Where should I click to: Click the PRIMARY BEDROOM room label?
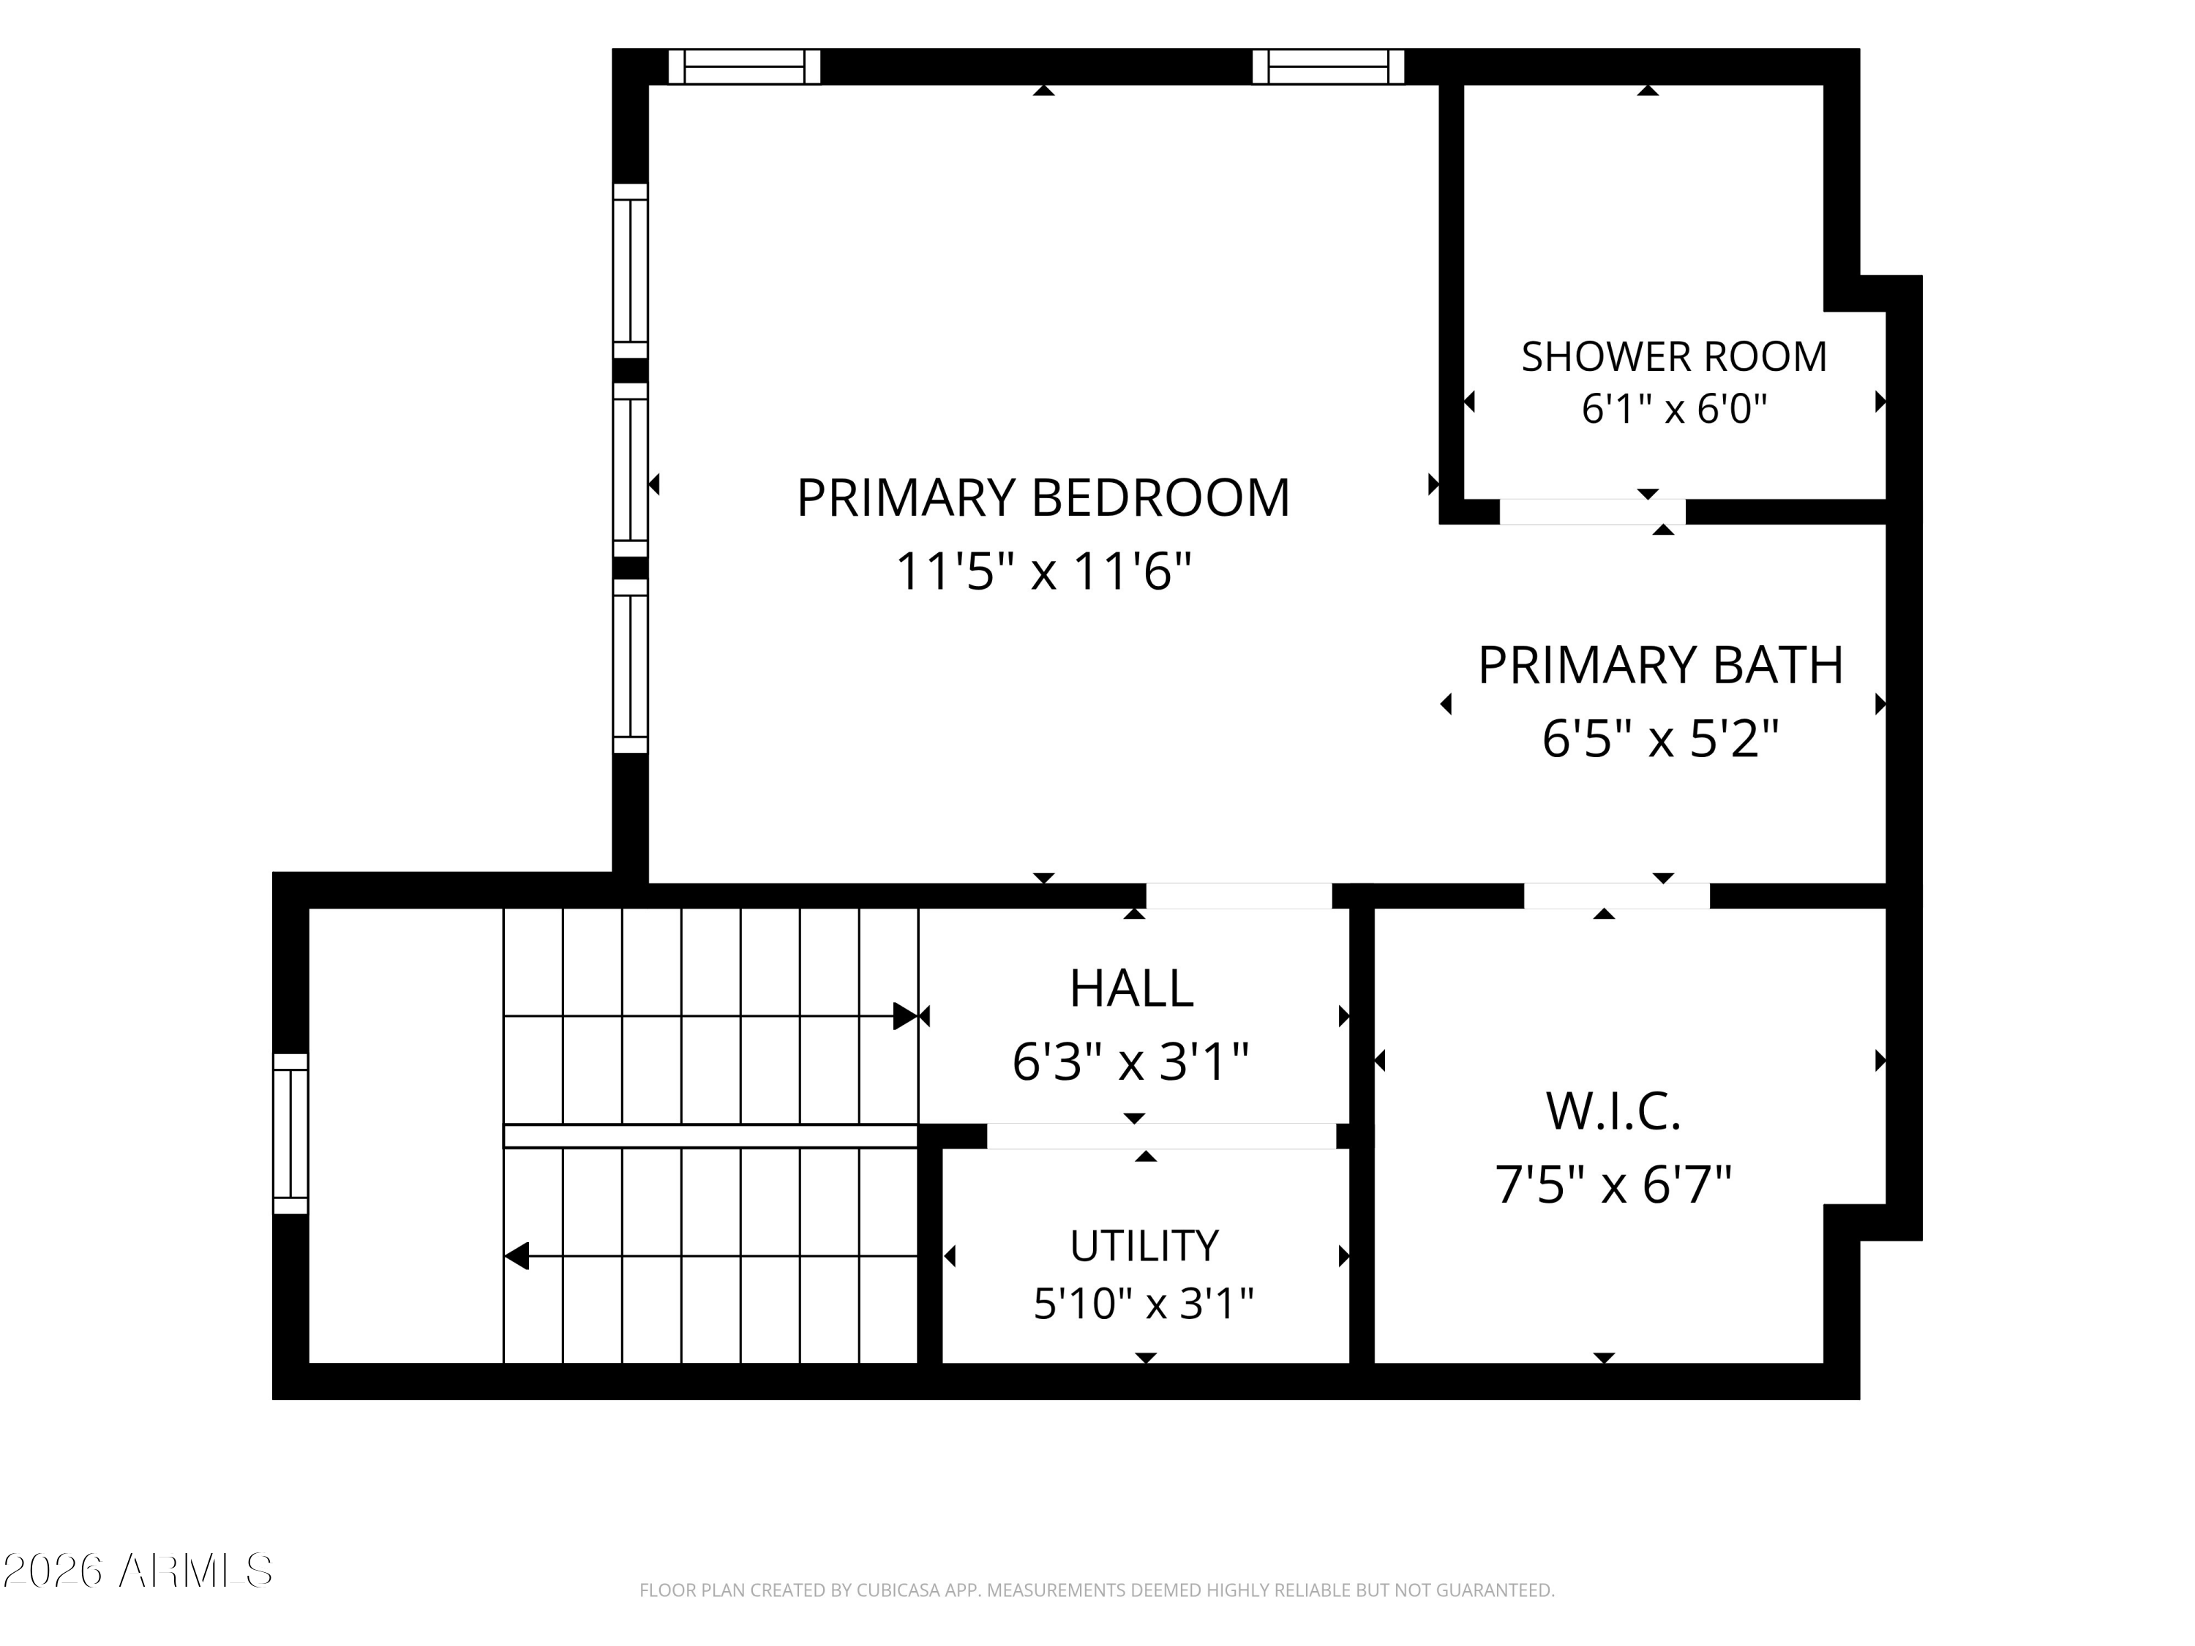pos(1043,498)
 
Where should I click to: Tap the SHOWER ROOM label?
pos(1674,357)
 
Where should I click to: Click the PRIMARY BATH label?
pos(1660,665)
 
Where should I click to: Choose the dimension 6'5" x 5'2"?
pos(1660,739)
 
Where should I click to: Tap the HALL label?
pos(1131,988)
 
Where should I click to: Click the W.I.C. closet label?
pos(1613,1111)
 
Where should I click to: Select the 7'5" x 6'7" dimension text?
pos(1613,1184)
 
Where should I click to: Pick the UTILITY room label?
pos(1144,1246)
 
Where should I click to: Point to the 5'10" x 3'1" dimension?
pos(1144,1304)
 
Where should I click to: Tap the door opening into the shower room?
pos(1591,512)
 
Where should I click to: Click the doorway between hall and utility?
pos(1161,1136)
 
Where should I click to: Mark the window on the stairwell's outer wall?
pos(290,1133)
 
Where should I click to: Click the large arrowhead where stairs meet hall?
pos(905,1016)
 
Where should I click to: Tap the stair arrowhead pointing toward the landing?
pos(516,1256)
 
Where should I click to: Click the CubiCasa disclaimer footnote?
pos(1097,1590)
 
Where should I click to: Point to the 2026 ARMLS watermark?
pos(138,1571)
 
